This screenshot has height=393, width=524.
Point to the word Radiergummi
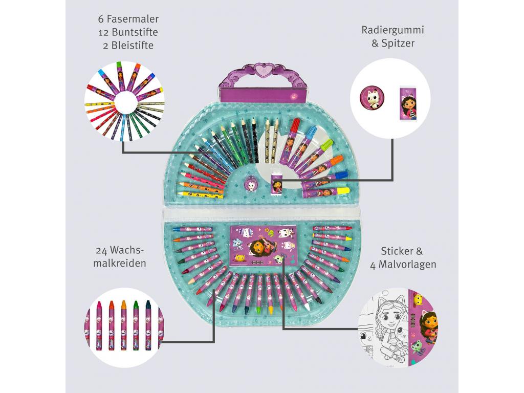point(392,30)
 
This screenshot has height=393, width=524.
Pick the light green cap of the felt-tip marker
point(325,145)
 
